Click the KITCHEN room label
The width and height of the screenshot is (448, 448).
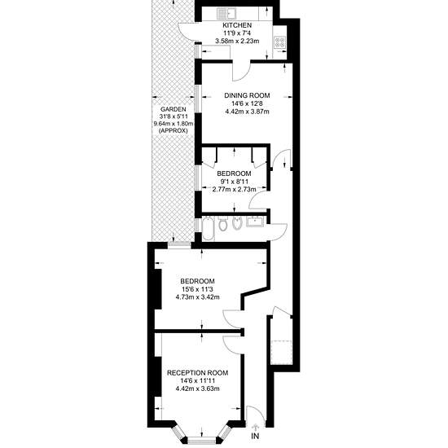click(x=237, y=25)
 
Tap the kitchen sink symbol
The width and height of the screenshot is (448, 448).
click(x=226, y=13)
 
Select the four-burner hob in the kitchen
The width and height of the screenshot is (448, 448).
click(x=279, y=42)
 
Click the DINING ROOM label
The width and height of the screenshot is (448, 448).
click(x=247, y=95)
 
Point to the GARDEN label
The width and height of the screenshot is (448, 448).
click(x=173, y=109)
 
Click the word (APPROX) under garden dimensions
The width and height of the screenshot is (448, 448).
click(x=173, y=131)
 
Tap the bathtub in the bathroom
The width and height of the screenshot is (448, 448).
click(x=208, y=228)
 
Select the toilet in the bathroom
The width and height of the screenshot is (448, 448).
click(x=223, y=223)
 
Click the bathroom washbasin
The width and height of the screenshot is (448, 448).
click(x=256, y=222)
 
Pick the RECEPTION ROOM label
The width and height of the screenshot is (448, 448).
click(x=197, y=373)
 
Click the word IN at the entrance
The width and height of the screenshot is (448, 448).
click(x=255, y=437)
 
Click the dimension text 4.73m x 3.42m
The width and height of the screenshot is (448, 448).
click(x=197, y=297)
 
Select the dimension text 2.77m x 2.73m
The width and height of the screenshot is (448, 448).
click(x=234, y=189)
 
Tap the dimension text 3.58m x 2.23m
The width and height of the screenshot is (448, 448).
click(x=237, y=42)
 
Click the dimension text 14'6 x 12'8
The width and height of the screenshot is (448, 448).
click(x=247, y=103)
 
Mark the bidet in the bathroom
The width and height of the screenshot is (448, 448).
click(x=237, y=224)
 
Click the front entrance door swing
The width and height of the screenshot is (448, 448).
click(x=253, y=415)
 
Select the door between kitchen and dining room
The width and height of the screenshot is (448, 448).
click(x=241, y=71)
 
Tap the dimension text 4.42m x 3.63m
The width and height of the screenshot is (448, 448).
click(x=197, y=389)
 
